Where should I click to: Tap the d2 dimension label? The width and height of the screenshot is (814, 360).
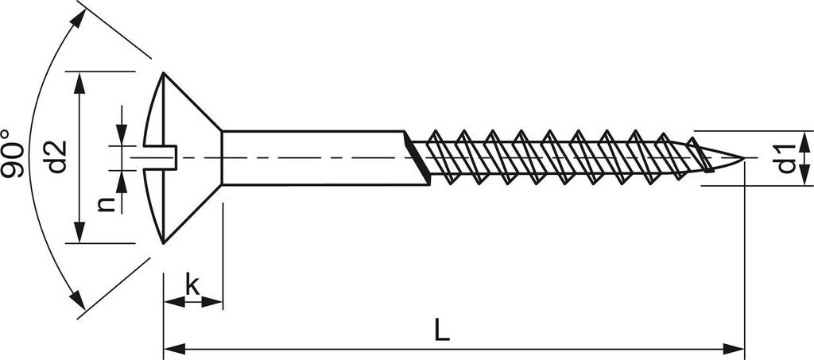click(x=56, y=157)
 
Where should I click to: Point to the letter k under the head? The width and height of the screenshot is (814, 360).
click(x=192, y=283)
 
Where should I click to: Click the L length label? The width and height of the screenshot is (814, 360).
click(x=442, y=329)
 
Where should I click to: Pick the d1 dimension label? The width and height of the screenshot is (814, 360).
click(x=786, y=158)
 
